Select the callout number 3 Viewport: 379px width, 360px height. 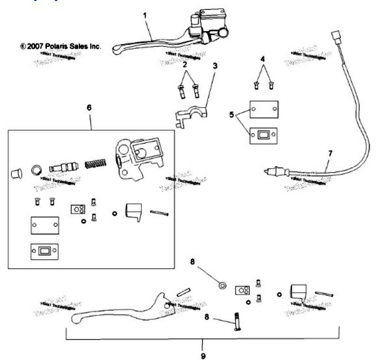[x=215, y=66]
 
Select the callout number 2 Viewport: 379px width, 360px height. [x=186, y=64]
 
